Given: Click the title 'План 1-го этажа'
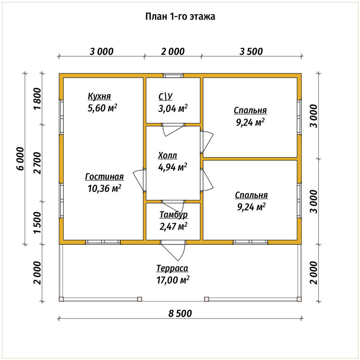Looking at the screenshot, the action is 180,17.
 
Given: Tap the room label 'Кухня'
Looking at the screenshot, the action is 99,96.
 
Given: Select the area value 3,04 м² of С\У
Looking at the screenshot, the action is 173,108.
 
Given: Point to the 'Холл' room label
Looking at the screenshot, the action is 168,156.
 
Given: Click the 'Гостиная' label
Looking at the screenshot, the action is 104,176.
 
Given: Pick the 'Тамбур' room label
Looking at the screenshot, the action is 174,215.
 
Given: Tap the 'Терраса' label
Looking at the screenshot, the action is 172,268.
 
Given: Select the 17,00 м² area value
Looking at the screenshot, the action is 173,280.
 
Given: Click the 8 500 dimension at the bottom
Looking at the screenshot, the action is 180,314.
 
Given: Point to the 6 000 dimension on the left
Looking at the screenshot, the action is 20,159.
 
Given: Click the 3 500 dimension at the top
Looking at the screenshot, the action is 251,51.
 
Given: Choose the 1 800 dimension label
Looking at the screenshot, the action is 38,99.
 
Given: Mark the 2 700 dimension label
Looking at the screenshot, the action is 38,163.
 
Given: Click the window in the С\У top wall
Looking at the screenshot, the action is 174,76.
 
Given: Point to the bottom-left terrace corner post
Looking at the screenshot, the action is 61,299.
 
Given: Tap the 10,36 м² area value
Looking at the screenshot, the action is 104,189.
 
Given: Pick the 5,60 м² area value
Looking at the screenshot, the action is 102,108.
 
